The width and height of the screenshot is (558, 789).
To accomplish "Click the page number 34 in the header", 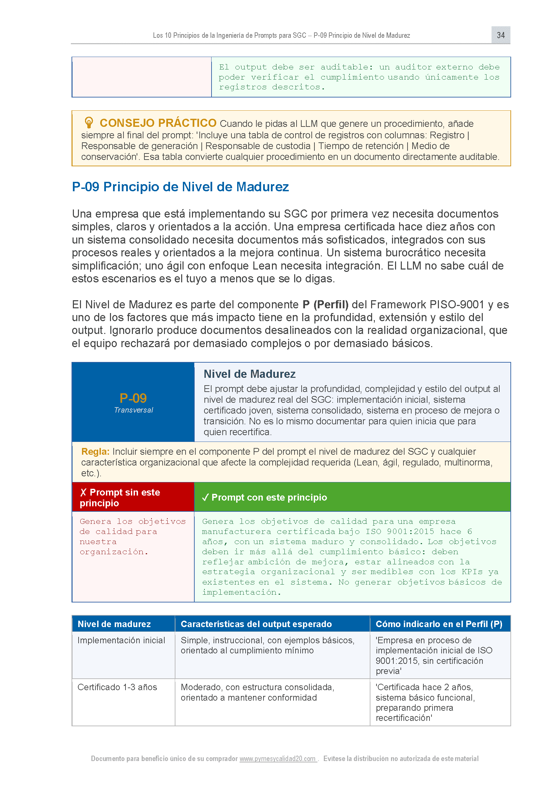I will (x=500, y=35).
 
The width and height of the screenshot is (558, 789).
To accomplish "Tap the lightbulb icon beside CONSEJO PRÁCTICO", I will (x=89, y=122).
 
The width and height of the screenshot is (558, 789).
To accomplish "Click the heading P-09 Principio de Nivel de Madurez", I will (x=180, y=187).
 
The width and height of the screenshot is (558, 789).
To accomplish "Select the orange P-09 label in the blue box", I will (x=133, y=398).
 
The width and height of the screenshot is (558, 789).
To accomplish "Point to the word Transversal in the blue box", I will (x=133, y=410).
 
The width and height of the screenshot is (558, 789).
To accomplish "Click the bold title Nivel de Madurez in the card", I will (x=249, y=374).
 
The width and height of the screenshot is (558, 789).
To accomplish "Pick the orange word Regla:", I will (x=95, y=452).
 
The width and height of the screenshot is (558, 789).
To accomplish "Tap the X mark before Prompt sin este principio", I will (x=83, y=492).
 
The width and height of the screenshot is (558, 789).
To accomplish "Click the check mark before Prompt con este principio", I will (x=205, y=498).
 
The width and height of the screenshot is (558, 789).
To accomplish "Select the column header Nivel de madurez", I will (x=114, y=624).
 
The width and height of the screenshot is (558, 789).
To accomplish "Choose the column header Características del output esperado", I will (x=256, y=624).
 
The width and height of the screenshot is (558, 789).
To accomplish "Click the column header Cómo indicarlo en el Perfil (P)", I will (x=439, y=624).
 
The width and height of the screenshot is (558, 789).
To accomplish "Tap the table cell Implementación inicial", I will (x=121, y=640).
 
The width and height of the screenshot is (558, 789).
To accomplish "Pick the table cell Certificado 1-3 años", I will (x=117, y=687).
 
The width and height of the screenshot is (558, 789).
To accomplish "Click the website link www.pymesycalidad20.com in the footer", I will (x=278, y=758).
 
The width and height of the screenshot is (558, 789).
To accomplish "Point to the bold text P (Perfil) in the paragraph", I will (x=325, y=305).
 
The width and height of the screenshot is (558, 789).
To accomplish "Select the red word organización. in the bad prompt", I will (x=114, y=552).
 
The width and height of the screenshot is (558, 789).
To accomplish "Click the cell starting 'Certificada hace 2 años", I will (x=425, y=702).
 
